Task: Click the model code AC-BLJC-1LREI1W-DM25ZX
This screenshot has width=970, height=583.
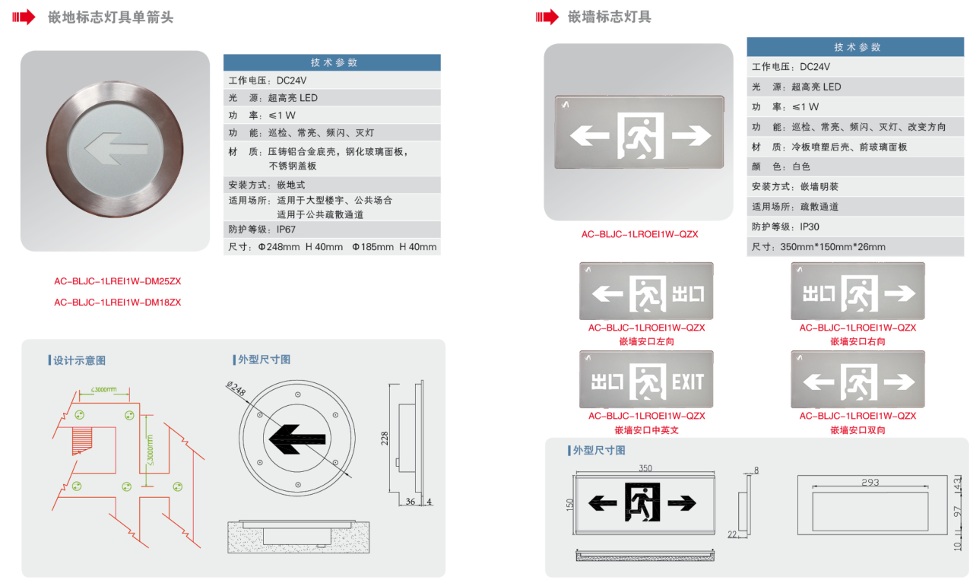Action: (x=117, y=281)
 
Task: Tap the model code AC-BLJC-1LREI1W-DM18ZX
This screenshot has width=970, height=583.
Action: (x=117, y=303)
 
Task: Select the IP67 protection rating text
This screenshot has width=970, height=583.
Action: (x=287, y=229)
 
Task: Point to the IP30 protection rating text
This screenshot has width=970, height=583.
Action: (x=810, y=227)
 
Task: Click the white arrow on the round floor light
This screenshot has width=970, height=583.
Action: (x=115, y=148)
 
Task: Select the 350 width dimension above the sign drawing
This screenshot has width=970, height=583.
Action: (x=645, y=468)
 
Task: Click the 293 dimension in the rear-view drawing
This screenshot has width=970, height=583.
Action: (x=871, y=482)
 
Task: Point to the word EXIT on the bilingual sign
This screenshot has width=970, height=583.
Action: (x=687, y=382)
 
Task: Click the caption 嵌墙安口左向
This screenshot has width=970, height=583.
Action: (x=646, y=342)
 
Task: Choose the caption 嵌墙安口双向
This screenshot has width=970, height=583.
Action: (x=857, y=430)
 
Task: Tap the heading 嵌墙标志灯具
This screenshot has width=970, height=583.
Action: (x=609, y=17)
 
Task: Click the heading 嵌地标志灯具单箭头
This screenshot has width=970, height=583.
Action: (x=111, y=17)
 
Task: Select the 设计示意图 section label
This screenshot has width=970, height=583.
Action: (x=79, y=360)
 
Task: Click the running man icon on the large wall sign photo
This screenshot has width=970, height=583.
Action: (x=640, y=136)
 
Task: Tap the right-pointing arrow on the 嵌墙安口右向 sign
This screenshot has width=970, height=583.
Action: (x=901, y=293)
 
